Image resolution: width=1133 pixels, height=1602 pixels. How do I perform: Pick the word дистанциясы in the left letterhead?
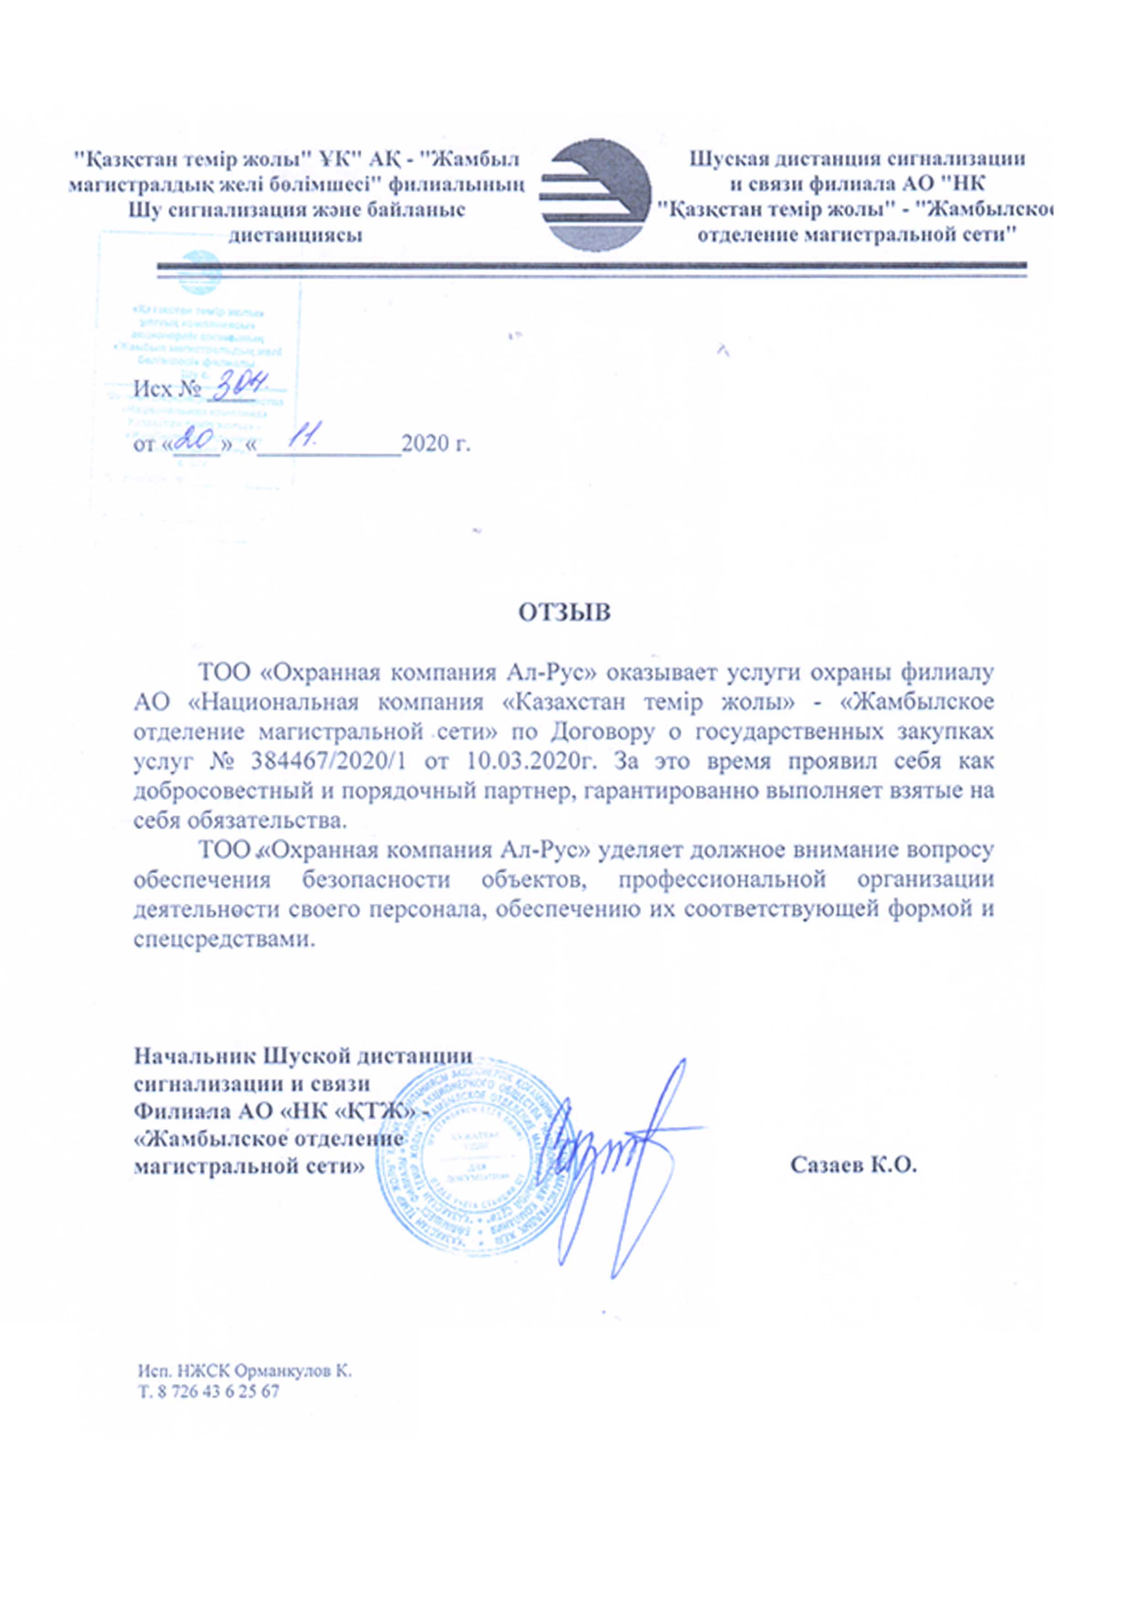296,235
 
